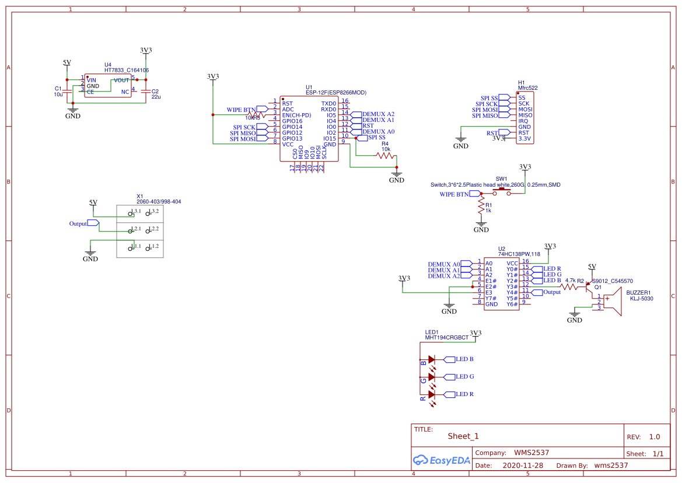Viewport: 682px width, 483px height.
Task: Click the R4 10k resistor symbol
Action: coord(386,156)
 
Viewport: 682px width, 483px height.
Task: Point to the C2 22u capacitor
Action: coord(146,91)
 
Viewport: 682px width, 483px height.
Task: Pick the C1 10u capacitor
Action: coord(67,91)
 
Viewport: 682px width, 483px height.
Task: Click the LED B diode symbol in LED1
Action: coord(432,359)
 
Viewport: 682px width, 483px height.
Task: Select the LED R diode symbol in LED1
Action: coord(432,394)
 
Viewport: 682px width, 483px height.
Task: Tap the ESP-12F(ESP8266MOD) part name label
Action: coord(336,93)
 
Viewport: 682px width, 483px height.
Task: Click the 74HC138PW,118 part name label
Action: coord(519,254)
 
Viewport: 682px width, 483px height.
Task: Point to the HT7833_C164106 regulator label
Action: coord(127,70)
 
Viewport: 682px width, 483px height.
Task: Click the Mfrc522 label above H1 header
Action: coord(528,88)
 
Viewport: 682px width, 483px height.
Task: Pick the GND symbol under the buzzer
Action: coord(575,317)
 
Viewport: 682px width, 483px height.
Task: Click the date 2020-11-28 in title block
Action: coord(523,466)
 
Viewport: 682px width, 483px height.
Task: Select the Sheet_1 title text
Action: coord(463,436)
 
